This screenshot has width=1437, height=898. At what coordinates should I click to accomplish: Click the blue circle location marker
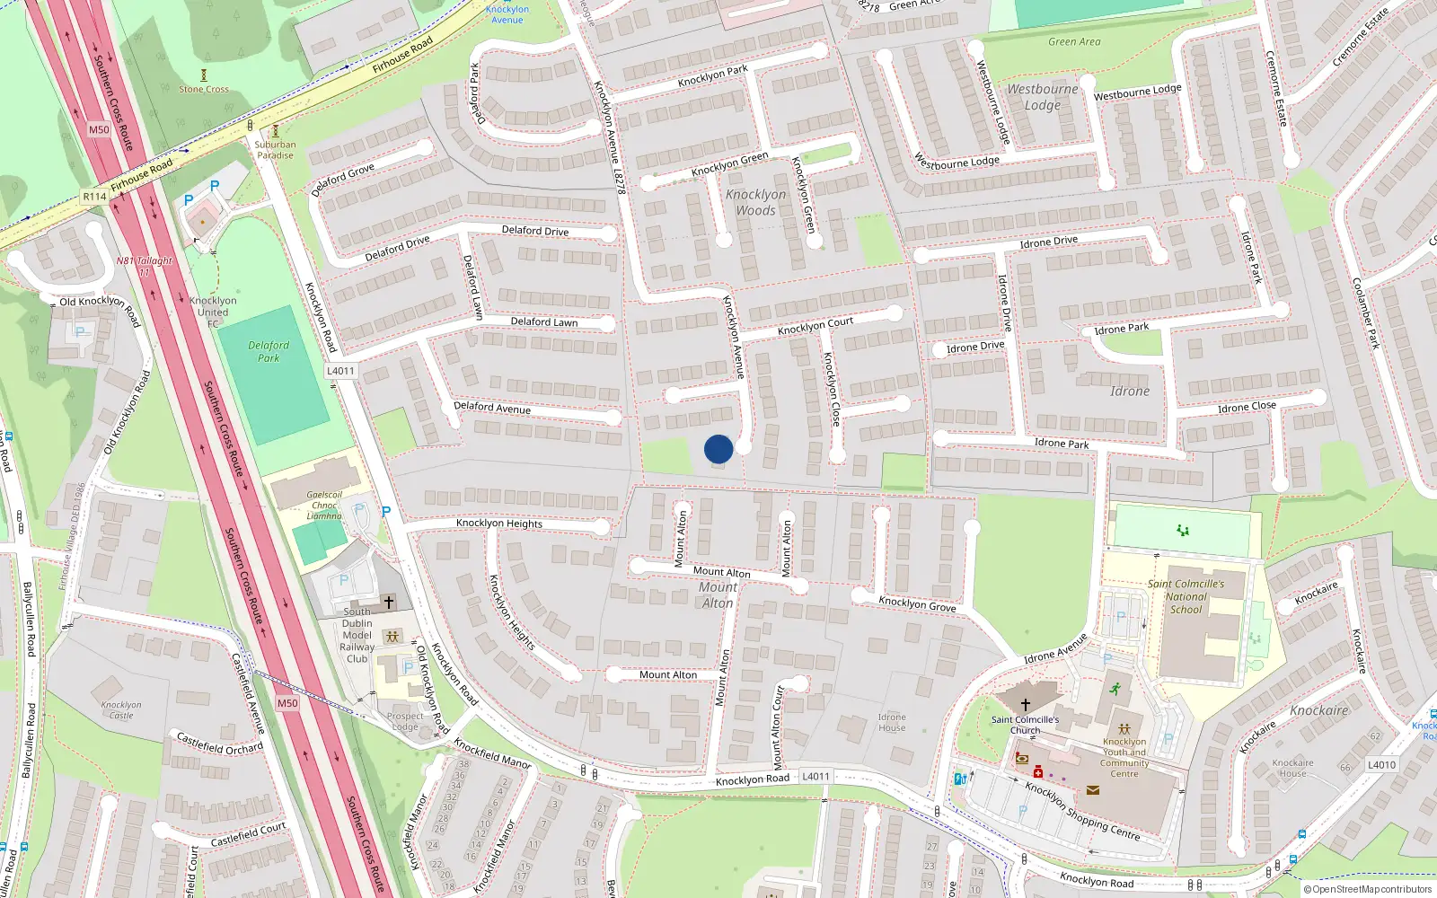718,449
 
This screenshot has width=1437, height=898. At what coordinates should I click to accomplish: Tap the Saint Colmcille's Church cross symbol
1026,705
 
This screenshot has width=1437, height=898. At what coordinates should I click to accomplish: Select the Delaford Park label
269,351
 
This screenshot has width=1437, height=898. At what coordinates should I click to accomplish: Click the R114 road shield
94,196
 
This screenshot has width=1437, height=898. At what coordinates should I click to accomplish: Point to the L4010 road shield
1381,765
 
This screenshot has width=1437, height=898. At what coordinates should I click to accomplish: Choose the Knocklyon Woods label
755,202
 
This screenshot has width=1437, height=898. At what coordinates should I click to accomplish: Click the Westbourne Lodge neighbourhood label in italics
1042,97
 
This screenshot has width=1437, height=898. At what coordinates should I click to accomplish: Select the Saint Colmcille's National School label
1186,596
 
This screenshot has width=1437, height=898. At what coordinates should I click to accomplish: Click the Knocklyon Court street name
815,324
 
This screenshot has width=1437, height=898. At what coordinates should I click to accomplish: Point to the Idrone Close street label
1247,408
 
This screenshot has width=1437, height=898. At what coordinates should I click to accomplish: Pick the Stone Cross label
204,89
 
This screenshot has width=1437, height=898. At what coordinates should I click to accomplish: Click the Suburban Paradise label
275,149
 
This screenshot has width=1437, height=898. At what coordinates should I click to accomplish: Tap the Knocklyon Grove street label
917,604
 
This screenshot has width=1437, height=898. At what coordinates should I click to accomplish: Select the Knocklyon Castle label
121,710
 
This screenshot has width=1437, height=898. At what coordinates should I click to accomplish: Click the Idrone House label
892,722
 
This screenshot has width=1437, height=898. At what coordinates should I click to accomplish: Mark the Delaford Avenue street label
492,408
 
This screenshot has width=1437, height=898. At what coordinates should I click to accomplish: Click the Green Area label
1074,41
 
